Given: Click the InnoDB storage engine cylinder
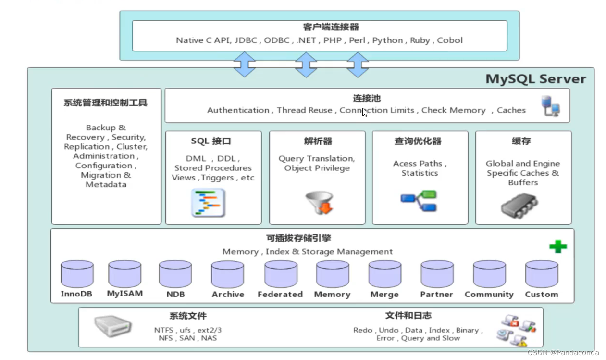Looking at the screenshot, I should click(77, 274).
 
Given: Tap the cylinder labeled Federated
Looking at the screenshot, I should click(281, 274).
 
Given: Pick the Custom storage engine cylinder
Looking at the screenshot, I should click(541, 274).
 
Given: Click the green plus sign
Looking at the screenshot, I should click(558, 247).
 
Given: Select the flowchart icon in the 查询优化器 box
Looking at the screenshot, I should click(419, 201).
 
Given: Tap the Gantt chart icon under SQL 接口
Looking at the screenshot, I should click(209, 203).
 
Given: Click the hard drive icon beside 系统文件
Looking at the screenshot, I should click(112, 327).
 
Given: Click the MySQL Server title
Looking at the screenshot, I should click(535, 79).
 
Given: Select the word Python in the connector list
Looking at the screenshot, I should click(388, 40).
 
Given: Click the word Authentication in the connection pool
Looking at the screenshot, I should click(238, 110).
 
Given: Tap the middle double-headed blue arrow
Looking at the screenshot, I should click(306, 65).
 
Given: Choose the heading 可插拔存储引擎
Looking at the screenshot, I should click(298, 238).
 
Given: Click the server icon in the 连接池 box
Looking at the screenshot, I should click(550, 106).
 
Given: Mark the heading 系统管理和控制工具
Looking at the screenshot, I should click(105, 103).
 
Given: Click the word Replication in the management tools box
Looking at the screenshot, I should click(87, 147).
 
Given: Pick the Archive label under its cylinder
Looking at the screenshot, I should click(228, 294).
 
